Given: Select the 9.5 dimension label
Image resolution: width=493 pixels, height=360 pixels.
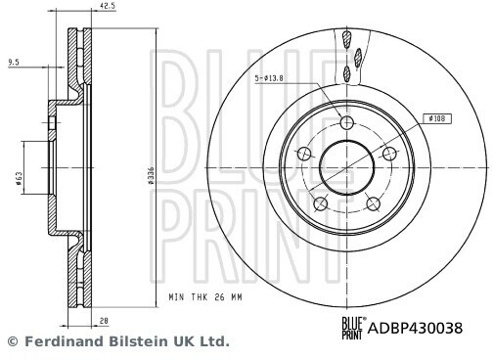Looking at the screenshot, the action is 14,63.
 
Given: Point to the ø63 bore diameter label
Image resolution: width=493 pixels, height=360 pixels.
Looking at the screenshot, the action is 20,179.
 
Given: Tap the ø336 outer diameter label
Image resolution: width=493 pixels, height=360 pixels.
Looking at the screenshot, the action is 151,176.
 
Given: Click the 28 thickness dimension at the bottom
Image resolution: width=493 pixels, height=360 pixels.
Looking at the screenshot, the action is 104,321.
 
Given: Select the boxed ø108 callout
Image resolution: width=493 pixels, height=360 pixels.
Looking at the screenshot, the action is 437,118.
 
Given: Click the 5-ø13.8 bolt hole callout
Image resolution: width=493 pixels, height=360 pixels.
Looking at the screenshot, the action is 269,78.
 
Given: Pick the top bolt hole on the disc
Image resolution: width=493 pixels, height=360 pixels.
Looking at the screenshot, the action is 347,123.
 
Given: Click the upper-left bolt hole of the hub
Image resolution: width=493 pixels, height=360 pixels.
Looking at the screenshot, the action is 304,154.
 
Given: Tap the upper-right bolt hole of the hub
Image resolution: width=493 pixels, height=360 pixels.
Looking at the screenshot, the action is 389,154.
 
